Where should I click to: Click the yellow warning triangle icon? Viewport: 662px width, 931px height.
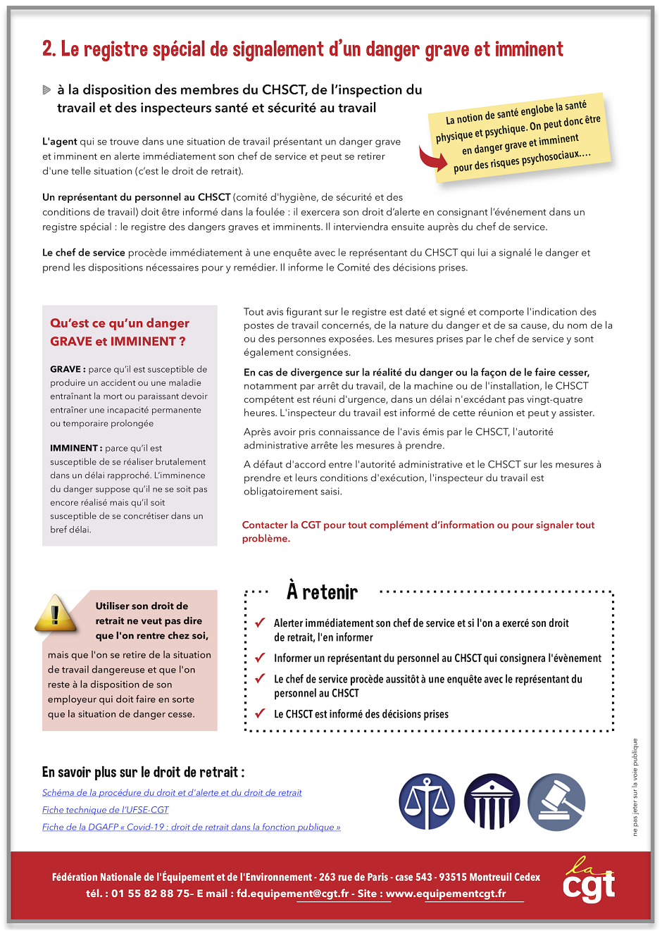55,613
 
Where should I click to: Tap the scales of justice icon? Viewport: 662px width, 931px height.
427,802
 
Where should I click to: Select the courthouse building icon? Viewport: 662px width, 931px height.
492,802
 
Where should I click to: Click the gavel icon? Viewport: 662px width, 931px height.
556,802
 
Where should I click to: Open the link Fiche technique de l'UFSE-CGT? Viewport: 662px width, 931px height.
106,810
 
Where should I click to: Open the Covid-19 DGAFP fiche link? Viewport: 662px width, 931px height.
191,827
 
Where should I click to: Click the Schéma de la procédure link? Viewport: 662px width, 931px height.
172,793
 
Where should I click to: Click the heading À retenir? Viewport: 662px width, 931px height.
322,592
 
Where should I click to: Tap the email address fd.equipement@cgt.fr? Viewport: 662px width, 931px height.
292,894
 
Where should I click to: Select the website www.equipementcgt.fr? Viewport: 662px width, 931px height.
446,894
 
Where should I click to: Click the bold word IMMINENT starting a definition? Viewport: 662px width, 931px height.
74,448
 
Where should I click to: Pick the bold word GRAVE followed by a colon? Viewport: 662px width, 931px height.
65,369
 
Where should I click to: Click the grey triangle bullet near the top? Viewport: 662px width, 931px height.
46,90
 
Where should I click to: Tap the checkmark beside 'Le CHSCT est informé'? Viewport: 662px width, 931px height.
259,713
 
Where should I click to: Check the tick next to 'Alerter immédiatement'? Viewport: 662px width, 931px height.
259,623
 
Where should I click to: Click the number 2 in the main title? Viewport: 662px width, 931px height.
47,49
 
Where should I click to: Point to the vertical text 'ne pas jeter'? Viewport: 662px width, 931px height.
635,787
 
